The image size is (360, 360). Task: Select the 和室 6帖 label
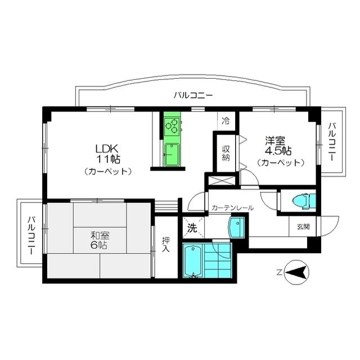click(96, 241)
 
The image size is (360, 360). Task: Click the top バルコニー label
click(193, 95)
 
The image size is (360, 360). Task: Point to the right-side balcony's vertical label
click(331, 142)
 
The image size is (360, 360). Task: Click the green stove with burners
click(172, 125)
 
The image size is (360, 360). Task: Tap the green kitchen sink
click(172, 154)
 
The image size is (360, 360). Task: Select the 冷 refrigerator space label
click(226, 120)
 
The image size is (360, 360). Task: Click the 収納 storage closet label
click(226, 154)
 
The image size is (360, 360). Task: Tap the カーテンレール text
click(233, 208)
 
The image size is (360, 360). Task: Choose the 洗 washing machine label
click(191, 228)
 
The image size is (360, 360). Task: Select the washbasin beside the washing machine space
click(235, 229)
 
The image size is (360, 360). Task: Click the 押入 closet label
click(165, 245)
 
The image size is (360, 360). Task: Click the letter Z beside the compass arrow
click(278, 273)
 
